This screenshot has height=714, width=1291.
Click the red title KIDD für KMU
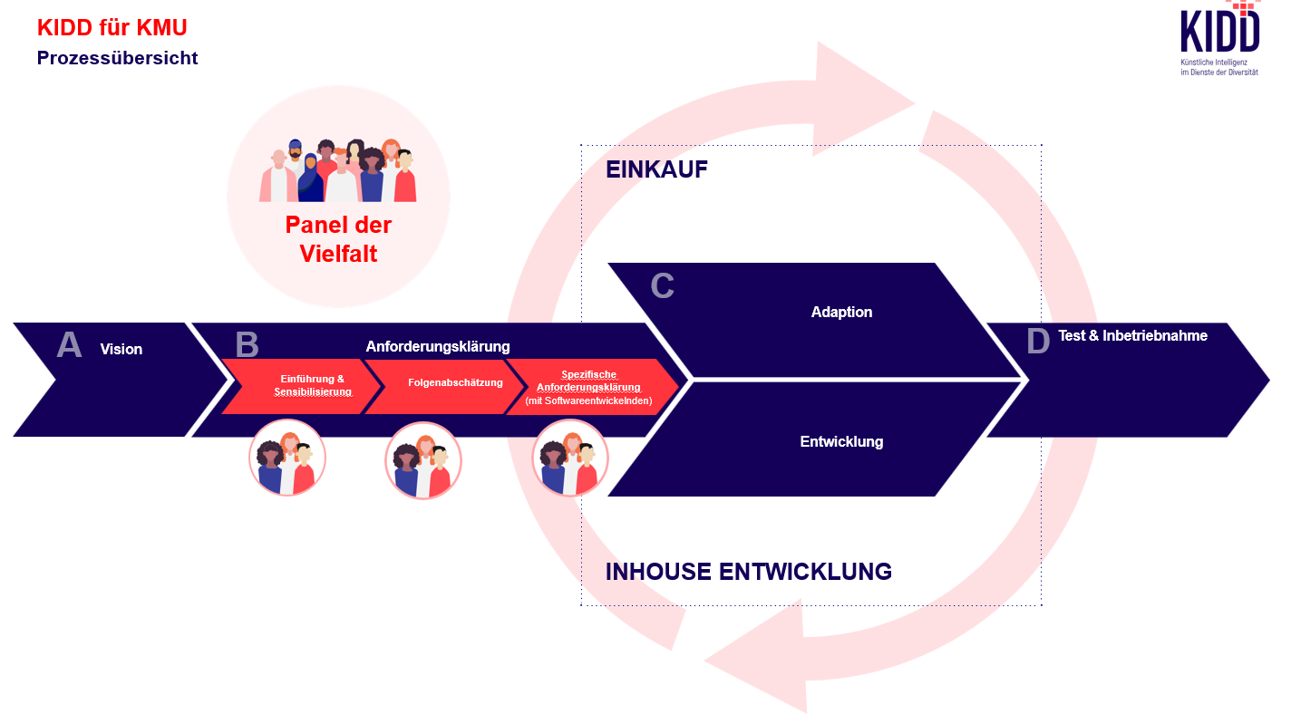coord(112,28)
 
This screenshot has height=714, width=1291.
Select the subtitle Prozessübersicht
coord(117,58)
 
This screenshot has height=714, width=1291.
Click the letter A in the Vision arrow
coord(69,346)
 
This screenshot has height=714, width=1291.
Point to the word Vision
coord(121,350)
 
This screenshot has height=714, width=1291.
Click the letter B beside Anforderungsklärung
coord(247,345)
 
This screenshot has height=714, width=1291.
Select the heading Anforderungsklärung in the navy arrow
coord(438,346)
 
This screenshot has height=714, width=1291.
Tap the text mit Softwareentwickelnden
coord(588,400)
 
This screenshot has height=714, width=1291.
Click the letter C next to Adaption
coord(663,286)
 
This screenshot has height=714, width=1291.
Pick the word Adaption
coord(841,313)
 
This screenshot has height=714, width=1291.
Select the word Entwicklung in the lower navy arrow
coord(841,442)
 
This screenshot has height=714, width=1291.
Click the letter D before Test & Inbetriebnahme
coord(1038,342)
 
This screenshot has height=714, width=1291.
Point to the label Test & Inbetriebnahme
coord(1132,336)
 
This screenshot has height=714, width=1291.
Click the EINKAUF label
coord(656,169)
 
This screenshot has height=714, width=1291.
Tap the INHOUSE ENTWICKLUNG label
coord(748,572)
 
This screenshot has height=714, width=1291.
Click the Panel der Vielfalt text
coord(338,238)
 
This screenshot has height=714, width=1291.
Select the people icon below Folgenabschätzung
coord(422,460)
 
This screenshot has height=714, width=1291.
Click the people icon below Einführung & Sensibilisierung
coord(286,458)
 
